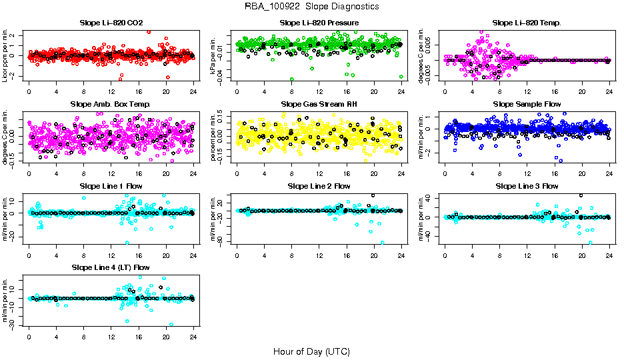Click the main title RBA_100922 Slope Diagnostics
pos(312,6)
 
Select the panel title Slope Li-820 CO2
pos(111,23)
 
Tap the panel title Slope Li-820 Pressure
pos(319,23)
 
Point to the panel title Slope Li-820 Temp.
pos(527,23)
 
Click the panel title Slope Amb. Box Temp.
pos(111,105)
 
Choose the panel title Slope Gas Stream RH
pos(319,105)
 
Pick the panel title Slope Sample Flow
pos(527,105)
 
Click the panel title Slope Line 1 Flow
pos(111,186)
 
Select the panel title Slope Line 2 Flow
pos(319,186)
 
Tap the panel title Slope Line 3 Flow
pos(527,186)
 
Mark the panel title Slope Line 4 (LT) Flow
pos(111,267)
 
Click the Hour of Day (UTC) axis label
pos(311,351)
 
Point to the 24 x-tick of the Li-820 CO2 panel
pos(193,91)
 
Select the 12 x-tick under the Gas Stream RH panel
pos(319,173)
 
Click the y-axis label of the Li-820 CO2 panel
pos(5,55)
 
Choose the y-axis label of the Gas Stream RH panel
pos(213,137)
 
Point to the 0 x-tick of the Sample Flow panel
pos(445,173)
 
